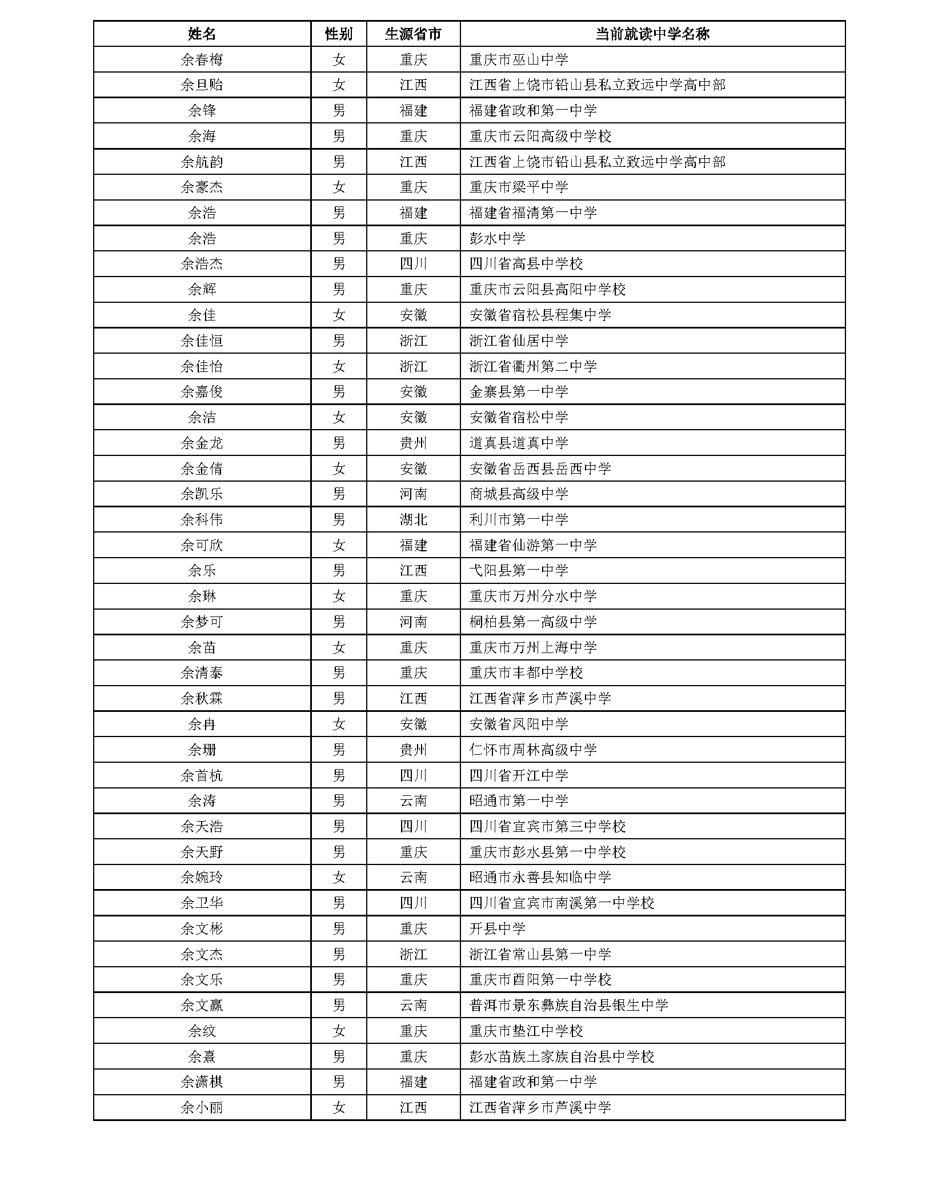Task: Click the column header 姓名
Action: tap(202, 34)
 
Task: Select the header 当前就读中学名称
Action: tap(652, 34)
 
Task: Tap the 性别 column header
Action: tap(339, 34)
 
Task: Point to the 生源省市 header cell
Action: tap(413, 34)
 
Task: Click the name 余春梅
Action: tap(202, 59)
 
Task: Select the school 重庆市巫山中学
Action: tap(519, 59)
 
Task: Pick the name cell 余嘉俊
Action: tap(202, 392)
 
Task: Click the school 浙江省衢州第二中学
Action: tap(533, 366)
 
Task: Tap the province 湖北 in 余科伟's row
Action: tap(413, 520)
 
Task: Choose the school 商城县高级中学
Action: tap(519, 494)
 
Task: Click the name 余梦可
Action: tap(202, 622)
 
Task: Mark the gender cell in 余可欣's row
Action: tap(339, 546)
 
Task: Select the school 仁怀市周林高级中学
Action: tap(533, 750)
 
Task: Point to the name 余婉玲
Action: tap(202, 878)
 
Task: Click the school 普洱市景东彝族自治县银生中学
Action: tap(568, 1006)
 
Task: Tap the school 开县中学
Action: tap(497, 929)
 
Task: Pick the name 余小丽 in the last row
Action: tap(202, 1108)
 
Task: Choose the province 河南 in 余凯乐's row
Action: tap(413, 494)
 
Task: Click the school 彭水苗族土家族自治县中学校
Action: tap(562, 1057)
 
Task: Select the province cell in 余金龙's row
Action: tap(413, 443)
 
